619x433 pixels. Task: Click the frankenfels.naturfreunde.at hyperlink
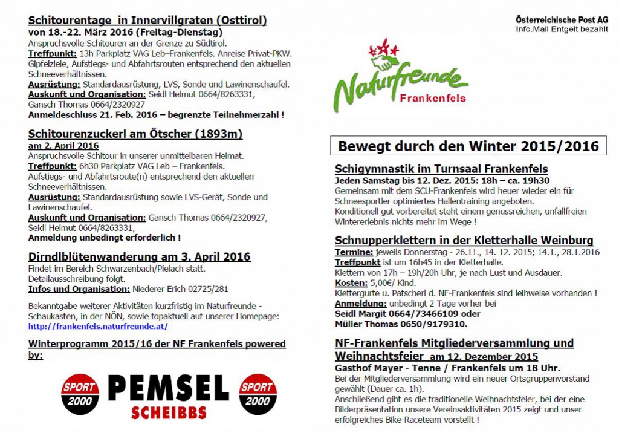(x=98, y=327)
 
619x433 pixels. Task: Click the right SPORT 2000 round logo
(x=259, y=394)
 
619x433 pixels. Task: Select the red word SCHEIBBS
(x=169, y=412)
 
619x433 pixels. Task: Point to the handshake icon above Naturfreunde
(x=384, y=61)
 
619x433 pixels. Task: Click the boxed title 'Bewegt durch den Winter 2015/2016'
(x=468, y=146)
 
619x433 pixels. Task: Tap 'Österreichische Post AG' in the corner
(x=562, y=20)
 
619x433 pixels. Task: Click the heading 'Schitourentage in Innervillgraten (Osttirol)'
(x=147, y=20)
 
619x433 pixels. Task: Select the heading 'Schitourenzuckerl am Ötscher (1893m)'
(x=135, y=134)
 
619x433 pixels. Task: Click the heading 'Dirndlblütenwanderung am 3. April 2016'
(x=139, y=257)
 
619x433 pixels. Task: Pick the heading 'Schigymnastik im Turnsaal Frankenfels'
(x=441, y=169)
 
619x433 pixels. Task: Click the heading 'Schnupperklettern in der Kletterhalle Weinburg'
(x=464, y=241)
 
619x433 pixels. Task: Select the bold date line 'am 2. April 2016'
(x=63, y=146)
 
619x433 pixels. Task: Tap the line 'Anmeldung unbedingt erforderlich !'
(x=105, y=238)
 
